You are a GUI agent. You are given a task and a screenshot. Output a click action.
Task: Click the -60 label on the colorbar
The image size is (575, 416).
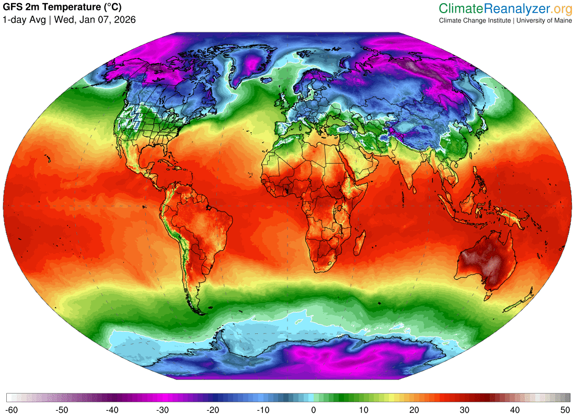13,409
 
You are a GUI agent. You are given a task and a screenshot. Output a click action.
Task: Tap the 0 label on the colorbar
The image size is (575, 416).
314,409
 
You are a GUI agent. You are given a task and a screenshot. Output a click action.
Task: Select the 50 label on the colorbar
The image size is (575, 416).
565,409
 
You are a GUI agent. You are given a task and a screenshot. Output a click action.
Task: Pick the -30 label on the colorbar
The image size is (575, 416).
163,409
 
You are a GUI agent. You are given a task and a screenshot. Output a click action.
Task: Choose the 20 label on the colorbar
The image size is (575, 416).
414,409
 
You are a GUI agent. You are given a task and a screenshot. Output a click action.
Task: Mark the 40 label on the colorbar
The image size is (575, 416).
514,409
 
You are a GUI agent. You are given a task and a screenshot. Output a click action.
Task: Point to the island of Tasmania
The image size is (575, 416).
488,296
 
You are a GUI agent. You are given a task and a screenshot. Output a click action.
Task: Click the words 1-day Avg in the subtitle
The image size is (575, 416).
24,20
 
